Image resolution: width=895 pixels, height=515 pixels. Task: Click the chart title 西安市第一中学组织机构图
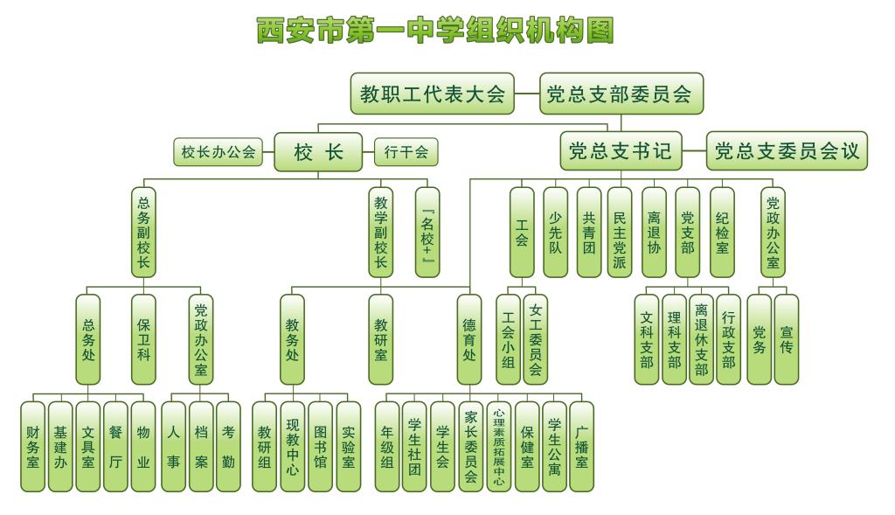tap(434, 31)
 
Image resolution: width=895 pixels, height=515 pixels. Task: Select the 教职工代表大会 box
tap(432, 94)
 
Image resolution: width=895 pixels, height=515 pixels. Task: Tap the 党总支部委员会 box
tap(621, 94)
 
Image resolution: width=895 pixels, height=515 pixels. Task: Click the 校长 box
tap(317, 152)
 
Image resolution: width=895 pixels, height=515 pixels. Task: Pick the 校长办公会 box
tap(219, 152)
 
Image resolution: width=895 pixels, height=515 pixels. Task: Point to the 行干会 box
tap(406, 152)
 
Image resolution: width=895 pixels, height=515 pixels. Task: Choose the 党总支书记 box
tap(621, 152)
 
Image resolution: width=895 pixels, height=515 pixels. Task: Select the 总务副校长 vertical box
tap(143, 232)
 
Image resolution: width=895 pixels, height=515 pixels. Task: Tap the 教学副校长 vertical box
tap(380, 232)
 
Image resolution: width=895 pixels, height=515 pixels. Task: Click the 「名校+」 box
tap(427, 232)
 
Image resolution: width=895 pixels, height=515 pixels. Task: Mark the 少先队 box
tap(555, 232)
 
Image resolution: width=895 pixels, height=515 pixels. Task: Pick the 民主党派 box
tap(620, 232)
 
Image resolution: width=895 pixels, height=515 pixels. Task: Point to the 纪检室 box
tap(722, 232)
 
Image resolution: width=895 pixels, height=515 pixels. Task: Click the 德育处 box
tap(469, 339)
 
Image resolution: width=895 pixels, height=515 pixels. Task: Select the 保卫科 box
tap(143, 339)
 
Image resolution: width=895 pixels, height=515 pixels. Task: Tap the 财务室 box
tap(33, 446)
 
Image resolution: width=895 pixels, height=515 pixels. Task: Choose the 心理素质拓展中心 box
tap(498, 446)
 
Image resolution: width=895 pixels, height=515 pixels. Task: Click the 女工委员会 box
tap(535, 339)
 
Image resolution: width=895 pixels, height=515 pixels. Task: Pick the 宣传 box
tap(787, 339)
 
